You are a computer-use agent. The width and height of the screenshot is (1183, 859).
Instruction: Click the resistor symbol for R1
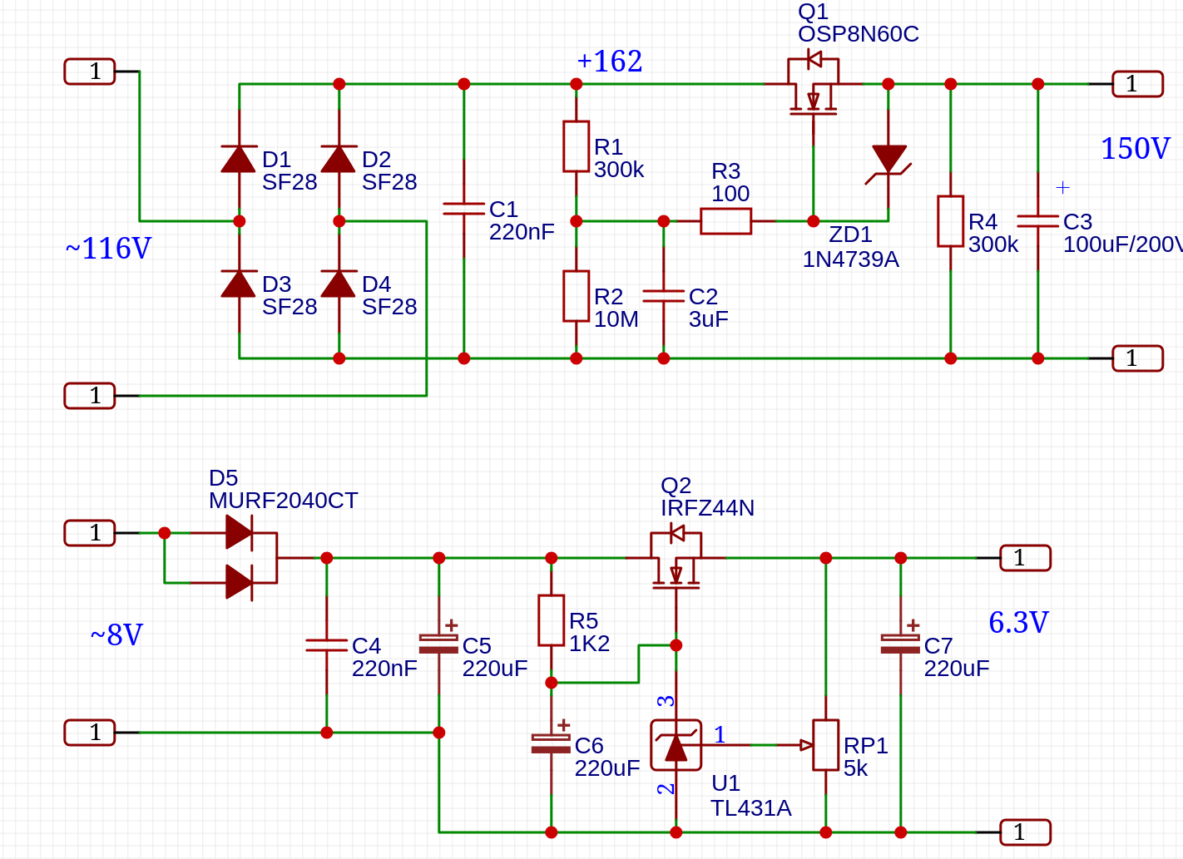576,146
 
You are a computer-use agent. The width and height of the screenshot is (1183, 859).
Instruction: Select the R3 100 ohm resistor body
725,221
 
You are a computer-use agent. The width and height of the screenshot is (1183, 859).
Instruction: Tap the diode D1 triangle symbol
239,159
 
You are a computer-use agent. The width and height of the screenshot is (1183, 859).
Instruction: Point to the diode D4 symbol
339,284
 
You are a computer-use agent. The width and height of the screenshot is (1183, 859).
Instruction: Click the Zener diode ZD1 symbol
888,160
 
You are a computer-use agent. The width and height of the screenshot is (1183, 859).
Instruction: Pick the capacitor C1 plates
463,208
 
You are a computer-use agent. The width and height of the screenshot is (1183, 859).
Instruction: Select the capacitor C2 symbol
663,295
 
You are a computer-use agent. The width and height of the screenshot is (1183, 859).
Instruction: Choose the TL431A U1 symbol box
676,745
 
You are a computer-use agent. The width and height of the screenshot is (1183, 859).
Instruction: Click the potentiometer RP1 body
825,745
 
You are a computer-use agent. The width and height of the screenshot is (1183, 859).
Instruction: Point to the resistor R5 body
551,620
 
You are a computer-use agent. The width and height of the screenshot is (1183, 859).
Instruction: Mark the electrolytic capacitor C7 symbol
900,644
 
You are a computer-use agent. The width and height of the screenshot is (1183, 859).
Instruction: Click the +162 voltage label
609,61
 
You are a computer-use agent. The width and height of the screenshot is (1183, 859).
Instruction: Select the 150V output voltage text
1135,149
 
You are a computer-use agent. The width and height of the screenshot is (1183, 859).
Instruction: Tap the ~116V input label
108,249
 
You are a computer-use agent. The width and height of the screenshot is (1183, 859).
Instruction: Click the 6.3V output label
1018,622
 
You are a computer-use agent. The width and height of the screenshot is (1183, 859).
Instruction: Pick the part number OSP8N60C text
858,34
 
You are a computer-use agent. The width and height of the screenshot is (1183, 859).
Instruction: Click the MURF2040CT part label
283,501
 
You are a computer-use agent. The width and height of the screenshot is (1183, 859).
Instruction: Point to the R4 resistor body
950,221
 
